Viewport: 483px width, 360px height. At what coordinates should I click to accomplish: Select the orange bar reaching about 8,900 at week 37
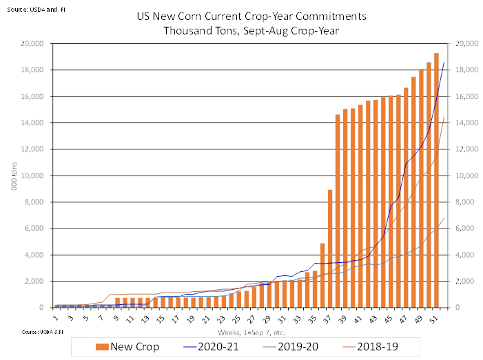[330, 248]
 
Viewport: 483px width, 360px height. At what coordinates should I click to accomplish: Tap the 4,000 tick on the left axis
[33, 255]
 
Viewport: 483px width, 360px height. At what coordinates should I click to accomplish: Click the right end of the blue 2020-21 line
[444, 62]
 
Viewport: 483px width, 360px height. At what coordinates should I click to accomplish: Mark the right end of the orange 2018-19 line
[444, 117]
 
